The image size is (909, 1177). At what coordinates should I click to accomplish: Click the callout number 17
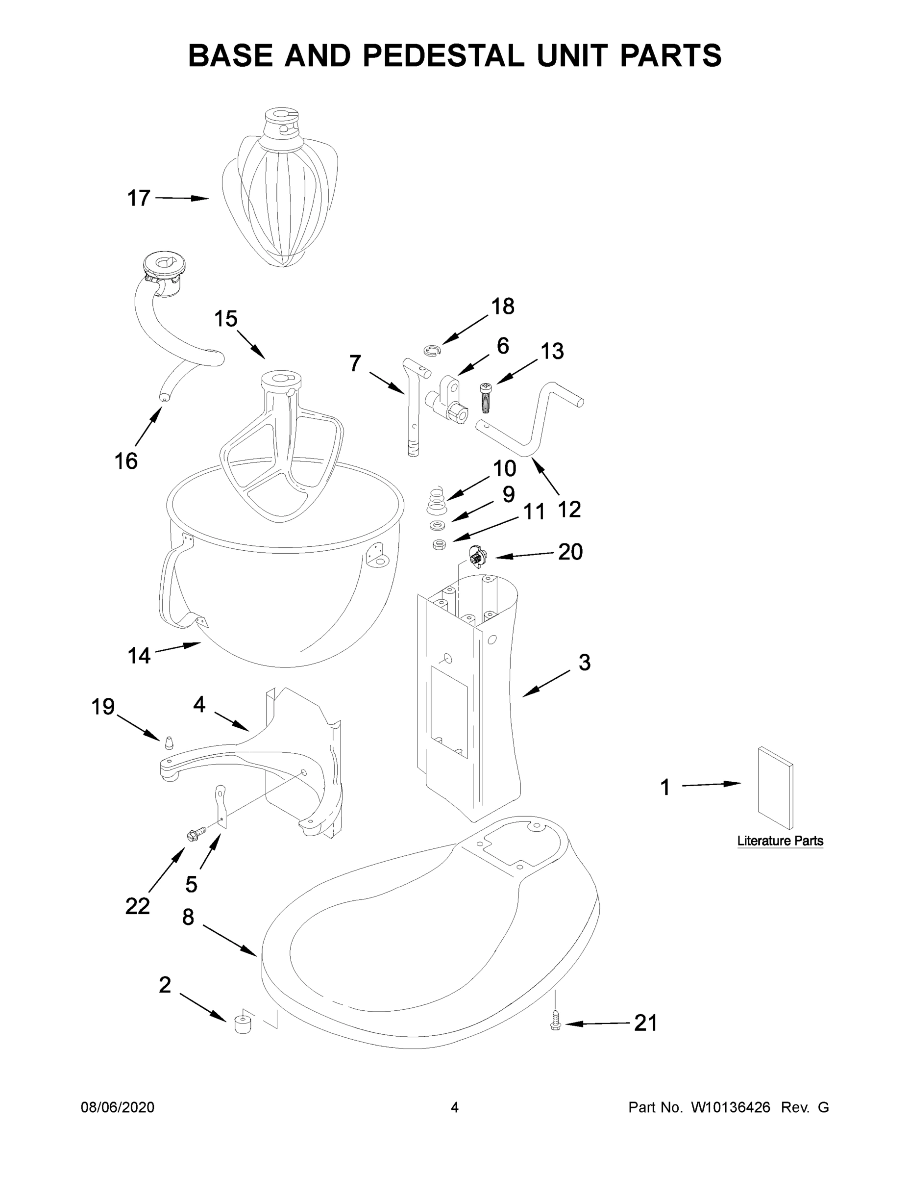click(138, 198)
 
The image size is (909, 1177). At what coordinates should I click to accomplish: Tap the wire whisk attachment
click(280, 189)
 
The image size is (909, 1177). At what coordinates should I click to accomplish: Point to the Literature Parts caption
click(780, 841)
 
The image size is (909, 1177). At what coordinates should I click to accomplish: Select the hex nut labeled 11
click(439, 544)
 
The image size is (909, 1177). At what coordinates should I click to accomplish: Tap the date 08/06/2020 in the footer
click(118, 1107)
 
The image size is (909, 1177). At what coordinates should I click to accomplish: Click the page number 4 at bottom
click(455, 1107)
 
